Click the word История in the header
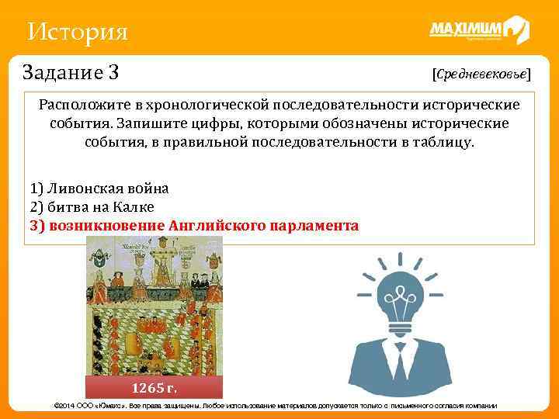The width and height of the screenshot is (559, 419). pyautogui.click(x=76, y=33)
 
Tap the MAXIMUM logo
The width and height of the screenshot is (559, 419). pyautogui.click(x=478, y=31)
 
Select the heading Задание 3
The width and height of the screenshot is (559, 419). pyautogui.click(x=71, y=73)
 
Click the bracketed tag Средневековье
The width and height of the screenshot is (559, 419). pyautogui.click(x=481, y=74)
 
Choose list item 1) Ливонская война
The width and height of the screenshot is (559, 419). pyautogui.click(x=99, y=188)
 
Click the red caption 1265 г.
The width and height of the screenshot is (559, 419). pyautogui.click(x=154, y=387)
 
